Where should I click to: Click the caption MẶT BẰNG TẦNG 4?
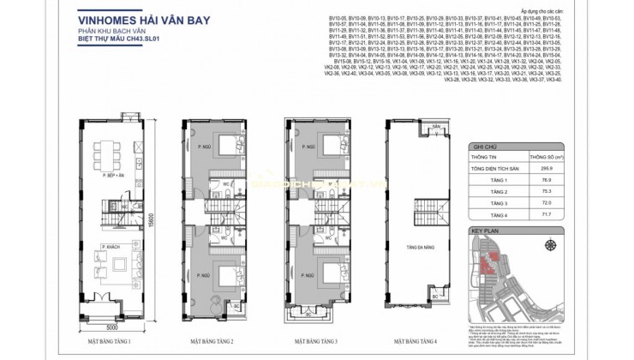coord(416,342)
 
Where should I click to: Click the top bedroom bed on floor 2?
coord(230,143)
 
